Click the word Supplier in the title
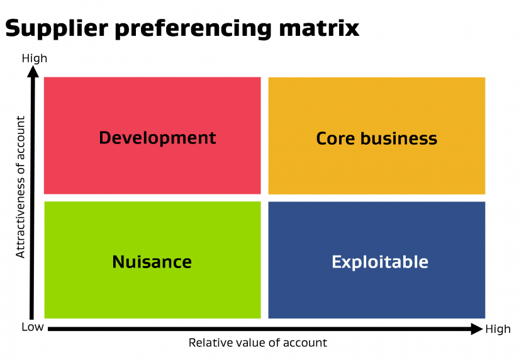point(57,29)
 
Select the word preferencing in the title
point(194,29)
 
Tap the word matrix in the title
point(319,28)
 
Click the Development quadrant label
point(157,138)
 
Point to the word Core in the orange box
point(335,138)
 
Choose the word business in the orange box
point(399,138)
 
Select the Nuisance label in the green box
point(152,262)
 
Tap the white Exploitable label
point(380,262)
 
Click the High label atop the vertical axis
point(35,59)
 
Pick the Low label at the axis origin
point(33,327)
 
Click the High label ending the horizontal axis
point(498,329)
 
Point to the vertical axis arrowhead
point(33,72)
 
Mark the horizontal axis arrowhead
point(477,329)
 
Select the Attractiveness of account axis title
point(21,187)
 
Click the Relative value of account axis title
point(258,343)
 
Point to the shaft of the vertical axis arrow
point(32,199)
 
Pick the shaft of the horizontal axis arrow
point(259,329)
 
